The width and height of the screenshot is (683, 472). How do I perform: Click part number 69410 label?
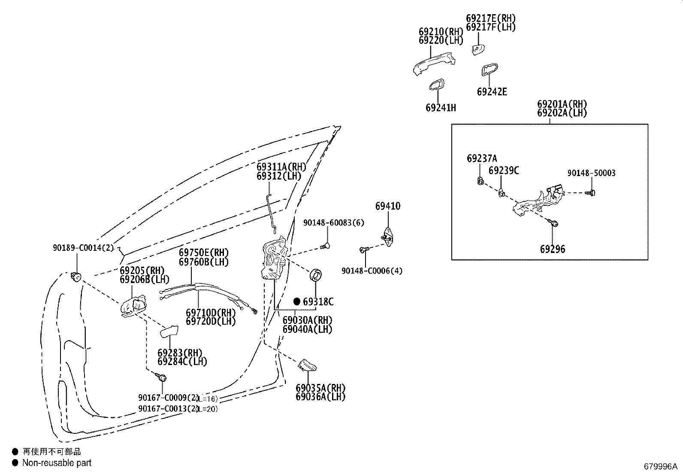point(387,206)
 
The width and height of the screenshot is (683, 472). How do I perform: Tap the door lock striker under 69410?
point(387,237)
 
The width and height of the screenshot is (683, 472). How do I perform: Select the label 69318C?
point(318,301)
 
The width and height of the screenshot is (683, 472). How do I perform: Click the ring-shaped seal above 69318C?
point(316,275)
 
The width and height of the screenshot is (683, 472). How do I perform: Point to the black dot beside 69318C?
point(297,301)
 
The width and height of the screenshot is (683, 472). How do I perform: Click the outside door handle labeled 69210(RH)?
point(434,64)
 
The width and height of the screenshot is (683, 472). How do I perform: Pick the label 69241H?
point(441,108)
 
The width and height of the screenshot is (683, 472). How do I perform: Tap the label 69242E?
point(492,91)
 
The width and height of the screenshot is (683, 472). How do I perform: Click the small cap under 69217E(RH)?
point(478,49)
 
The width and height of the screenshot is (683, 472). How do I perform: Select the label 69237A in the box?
point(482,158)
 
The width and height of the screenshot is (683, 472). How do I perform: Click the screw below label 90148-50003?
point(590,193)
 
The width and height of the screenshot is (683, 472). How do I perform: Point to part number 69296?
point(553,249)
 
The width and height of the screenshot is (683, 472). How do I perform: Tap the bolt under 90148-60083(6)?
point(325,246)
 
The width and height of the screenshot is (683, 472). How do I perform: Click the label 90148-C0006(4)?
point(372,271)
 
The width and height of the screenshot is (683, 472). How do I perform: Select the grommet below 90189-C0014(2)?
point(76,277)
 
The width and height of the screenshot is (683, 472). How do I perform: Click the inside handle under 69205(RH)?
point(133,306)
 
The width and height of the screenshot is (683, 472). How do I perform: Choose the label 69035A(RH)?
point(320,388)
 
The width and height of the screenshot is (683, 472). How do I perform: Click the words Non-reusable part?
point(57,463)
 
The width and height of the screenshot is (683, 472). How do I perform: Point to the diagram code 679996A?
point(660,466)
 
